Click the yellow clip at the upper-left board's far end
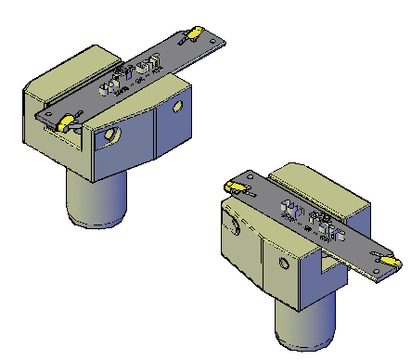196,34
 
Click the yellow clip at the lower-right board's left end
238,186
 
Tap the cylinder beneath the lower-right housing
303,325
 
